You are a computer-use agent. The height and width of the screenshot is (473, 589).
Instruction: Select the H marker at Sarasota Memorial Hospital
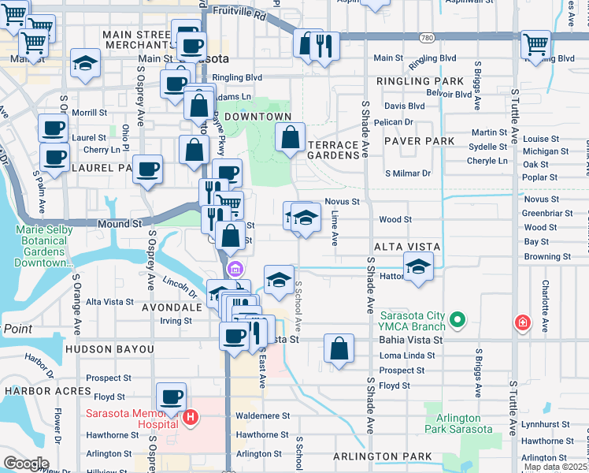pos(189,418)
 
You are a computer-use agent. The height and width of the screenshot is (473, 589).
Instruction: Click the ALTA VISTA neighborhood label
pos(407,247)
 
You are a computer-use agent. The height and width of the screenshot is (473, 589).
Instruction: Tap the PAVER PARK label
pos(420,140)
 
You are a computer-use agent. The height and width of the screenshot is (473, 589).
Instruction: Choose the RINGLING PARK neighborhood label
pos(420,81)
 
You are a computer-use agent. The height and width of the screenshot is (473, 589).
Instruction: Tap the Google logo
pos(26,463)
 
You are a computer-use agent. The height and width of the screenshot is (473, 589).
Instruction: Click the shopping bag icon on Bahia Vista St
pos(339,348)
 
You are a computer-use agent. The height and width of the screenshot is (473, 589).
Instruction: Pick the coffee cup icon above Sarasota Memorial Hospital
pos(171,396)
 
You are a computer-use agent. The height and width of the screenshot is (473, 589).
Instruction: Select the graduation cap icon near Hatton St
pos(419,266)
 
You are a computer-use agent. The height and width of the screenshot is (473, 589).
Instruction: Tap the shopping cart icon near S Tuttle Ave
pos(535,43)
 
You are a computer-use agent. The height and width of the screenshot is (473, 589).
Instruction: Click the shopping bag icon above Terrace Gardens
pos(291,137)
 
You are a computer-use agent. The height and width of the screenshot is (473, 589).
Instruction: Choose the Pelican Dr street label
pos(395,122)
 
